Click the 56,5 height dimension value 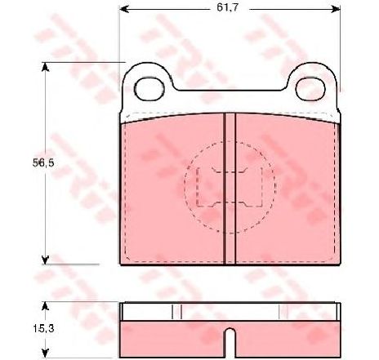pyautogui.click(x=43, y=163)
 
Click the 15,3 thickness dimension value pyautogui.click(x=43, y=328)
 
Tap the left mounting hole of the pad pyautogui.click(x=149, y=89)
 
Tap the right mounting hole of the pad pyautogui.click(x=310, y=89)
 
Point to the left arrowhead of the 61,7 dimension pyautogui.click(x=124, y=9)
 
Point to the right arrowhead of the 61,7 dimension pyautogui.click(x=337, y=9)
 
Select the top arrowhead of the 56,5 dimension pyautogui.click(x=46, y=67)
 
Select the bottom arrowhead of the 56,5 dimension pyautogui.click(x=46, y=260)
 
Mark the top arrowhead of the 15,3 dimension pyautogui.click(x=46, y=306)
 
